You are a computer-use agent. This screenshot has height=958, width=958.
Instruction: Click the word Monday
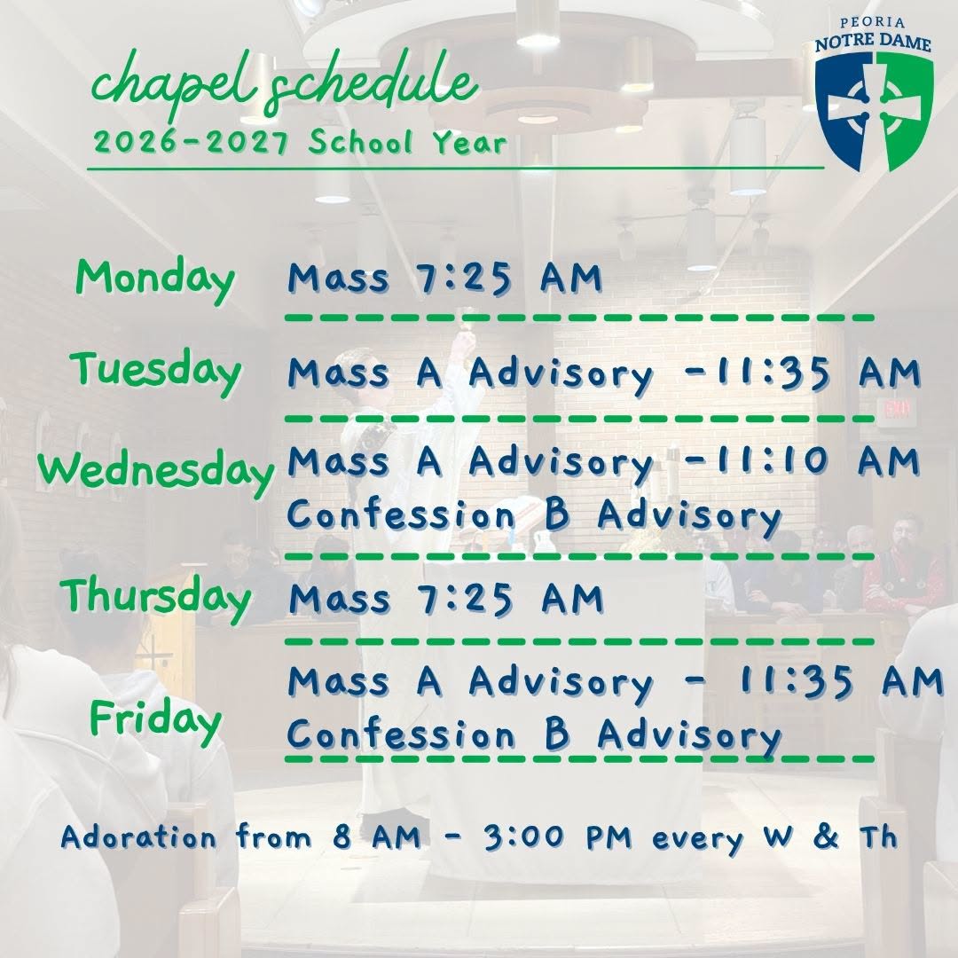(155, 279)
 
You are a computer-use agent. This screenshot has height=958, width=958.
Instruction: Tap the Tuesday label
(156, 373)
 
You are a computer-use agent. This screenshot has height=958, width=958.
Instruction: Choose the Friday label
(156, 721)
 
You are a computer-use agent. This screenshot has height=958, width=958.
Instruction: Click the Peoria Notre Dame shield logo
(874, 111)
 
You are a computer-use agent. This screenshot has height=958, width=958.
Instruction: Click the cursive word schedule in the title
(371, 83)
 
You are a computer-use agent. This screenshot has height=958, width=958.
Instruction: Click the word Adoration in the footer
(138, 837)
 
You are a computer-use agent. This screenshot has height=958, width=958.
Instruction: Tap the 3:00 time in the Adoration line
(523, 837)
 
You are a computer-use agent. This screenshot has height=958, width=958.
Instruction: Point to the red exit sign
(896, 409)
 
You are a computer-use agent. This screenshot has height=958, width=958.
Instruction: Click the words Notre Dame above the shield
(873, 43)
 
